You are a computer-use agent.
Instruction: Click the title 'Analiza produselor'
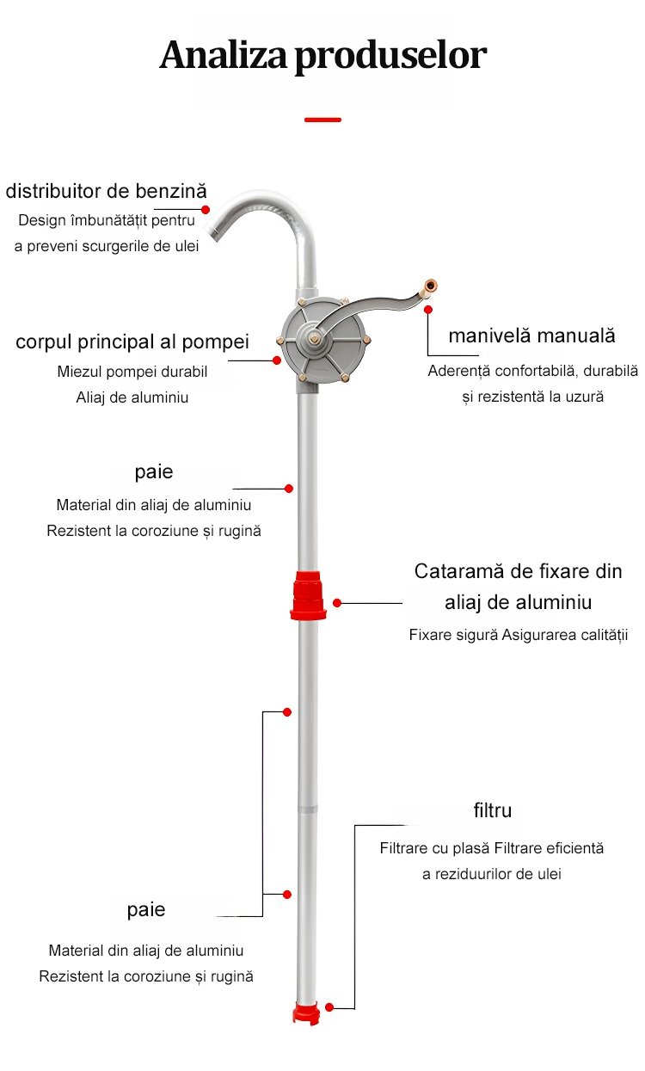click(x=322, y=55)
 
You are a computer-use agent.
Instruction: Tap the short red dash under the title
click(x=322, y=120)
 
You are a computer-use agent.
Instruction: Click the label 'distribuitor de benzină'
click(x=106, y=190)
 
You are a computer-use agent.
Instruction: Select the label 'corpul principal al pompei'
click(x=132, y=342)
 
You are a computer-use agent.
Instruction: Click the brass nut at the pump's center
click(x=313, y=340)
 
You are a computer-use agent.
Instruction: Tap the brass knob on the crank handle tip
click(x=429, y=286)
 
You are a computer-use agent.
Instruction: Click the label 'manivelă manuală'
click(x=531, y=335)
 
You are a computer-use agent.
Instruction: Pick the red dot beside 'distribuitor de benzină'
click(x=206, y=209)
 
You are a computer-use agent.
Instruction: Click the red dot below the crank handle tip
click(x=429, y=308)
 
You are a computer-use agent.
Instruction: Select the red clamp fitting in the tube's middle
click(x=308, y=594)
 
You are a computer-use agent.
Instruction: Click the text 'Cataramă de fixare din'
click(x=518, y=571)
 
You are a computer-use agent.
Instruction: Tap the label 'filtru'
click(x=493, y=810)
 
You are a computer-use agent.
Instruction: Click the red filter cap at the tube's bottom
click(x=305, y=1013)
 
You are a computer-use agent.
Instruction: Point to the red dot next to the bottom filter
click(x=329, y=1006)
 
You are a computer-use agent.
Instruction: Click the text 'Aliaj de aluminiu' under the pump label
click(x=132, y=397)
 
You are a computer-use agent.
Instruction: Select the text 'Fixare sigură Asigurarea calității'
click(x=518, y=636)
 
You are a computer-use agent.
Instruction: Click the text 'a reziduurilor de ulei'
click(x=492, y=874)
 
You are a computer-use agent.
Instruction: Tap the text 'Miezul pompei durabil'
click(x=132, y=372)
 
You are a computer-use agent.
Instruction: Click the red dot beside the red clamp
click(x=337, y=603)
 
